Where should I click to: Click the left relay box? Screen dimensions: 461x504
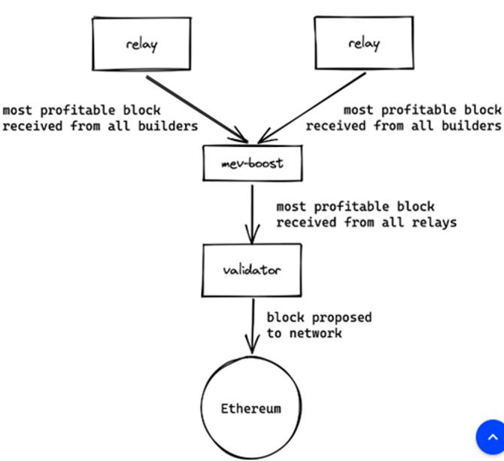[141, 44]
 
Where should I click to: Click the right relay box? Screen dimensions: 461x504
[363, 44]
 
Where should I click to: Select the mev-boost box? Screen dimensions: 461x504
[253, 163]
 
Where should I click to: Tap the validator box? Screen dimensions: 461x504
[252, 270]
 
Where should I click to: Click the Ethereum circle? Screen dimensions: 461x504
[251, 409]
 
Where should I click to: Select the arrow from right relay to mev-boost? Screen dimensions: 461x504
[312, 107]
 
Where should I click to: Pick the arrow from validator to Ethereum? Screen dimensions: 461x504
[253, 325]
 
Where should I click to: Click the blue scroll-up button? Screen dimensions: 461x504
[491, 437]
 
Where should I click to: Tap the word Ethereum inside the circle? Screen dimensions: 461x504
[251, 409]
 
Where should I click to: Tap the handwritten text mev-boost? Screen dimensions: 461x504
[253, 163]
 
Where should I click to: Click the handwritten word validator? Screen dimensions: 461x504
[252, 270]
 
